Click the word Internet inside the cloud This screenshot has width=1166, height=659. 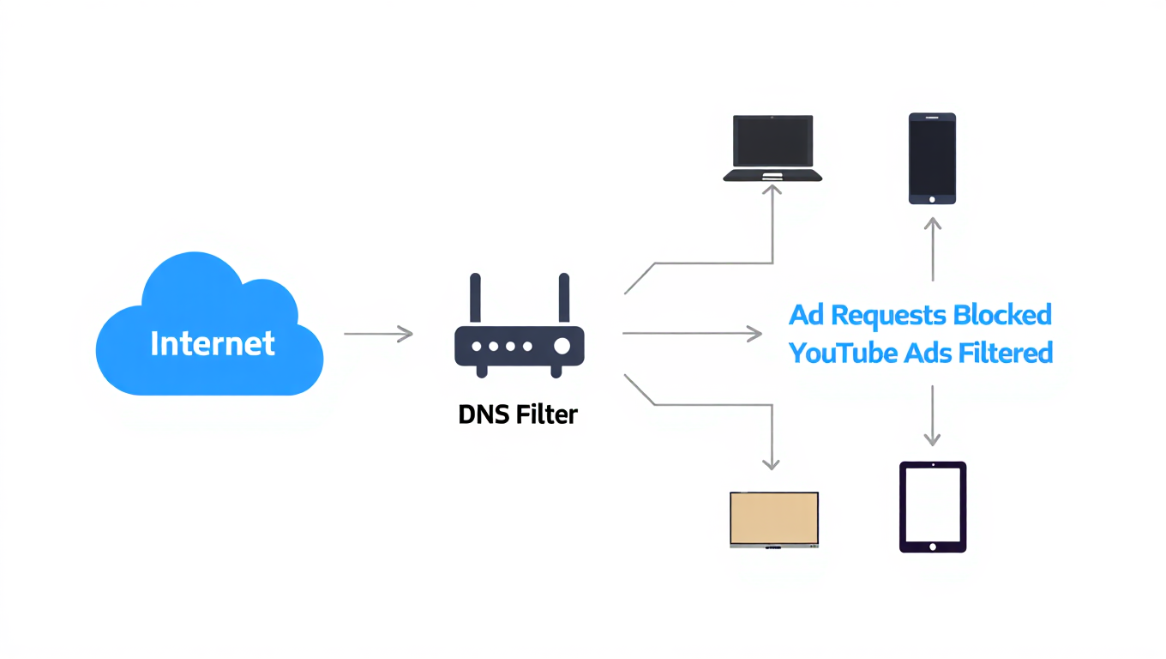pos(212,343)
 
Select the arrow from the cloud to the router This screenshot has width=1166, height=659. pos(378,334)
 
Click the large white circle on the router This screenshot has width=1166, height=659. pos(562,346)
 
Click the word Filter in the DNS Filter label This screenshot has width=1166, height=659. pos(546,415)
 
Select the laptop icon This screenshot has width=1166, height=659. pos(772,148)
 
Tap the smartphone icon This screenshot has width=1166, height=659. pos(932,158)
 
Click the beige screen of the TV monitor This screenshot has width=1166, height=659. pos(773,518)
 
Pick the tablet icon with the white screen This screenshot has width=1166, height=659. pos(932,506)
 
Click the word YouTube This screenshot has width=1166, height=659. pos(838,353)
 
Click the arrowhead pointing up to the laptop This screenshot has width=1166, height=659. pos(772,190)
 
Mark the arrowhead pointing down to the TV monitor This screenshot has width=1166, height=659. pos(772,463)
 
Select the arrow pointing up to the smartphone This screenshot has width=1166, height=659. pos(933,249)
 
